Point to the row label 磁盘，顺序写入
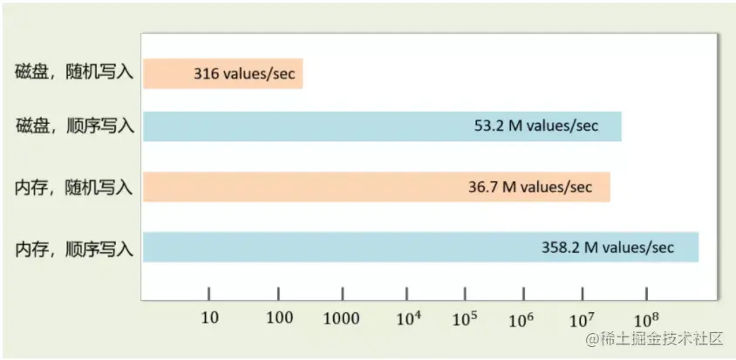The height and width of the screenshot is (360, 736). pos(74,126)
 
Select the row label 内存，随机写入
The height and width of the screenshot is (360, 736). pos(74,187)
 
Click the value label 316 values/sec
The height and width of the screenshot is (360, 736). pos(244,74)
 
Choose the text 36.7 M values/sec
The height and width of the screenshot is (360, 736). pos(529,187)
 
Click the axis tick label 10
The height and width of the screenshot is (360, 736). pos(209,319)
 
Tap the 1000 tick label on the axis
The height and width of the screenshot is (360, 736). pos(342,319)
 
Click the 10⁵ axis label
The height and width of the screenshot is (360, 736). pos(464,318)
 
